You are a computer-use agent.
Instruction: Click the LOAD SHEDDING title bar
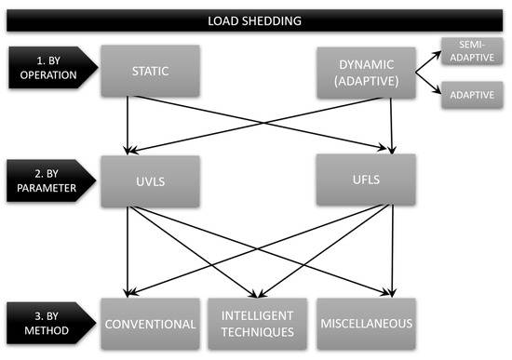pos(256,18)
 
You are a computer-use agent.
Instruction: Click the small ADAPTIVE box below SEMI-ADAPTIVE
pos(470,95)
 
